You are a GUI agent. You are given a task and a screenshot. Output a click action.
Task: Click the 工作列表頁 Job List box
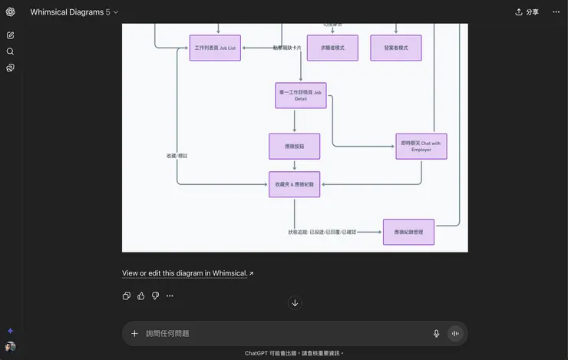pos(215,48)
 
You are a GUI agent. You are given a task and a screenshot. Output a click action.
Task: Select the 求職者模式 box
pos(332,48)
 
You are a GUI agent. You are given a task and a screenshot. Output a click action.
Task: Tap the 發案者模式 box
pos(396,48)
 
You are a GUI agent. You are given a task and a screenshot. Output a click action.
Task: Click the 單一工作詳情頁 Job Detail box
pos(301,95)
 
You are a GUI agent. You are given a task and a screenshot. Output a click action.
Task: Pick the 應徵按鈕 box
pos(294,146)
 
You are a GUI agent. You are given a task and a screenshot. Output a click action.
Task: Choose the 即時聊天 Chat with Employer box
pos(421,146)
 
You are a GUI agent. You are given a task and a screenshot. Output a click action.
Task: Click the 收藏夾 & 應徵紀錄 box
pos(294,184)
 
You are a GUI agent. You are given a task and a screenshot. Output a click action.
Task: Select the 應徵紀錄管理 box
pos(408,232)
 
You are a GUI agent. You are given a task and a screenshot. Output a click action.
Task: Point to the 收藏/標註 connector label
pos(177,156)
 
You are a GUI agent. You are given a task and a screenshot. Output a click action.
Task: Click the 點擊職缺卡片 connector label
pos(287,48)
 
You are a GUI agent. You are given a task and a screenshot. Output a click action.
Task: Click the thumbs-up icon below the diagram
pos(141,296)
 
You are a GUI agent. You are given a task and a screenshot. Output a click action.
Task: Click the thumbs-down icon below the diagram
pos(155,296)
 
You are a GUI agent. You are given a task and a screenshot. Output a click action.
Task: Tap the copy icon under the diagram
pos(127,296)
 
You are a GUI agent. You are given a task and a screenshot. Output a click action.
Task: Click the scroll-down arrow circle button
pos(295,303)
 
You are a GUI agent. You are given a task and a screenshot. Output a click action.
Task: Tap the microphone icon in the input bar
pos(436,333)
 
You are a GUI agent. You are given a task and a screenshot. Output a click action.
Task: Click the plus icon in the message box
pos(135,333)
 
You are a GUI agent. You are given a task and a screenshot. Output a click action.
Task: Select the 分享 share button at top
pos(527,12)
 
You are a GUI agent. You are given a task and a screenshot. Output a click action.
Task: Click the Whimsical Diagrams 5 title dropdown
pos(74,12)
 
